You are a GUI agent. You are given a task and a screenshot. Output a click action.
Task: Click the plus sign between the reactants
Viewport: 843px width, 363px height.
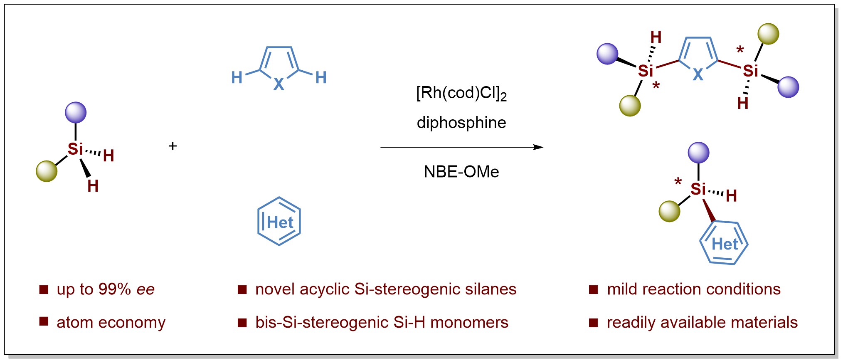[x=173, y=146]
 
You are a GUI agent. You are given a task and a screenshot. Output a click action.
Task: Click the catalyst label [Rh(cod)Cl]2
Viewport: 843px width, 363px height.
[x=461, y=93]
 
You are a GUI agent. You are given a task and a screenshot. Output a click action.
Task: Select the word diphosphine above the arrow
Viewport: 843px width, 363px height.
[x=461, y=123]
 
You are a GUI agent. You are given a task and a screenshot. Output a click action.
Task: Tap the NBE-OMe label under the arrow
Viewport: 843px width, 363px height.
[x=461, y=171]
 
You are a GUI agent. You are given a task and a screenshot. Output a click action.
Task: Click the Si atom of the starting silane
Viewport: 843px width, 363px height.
[x=75, y=149]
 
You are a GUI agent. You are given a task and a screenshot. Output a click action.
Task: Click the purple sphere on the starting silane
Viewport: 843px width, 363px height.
[x=76, y=112]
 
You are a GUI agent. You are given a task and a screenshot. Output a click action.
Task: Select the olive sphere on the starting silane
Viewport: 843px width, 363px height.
[x=47, y=171]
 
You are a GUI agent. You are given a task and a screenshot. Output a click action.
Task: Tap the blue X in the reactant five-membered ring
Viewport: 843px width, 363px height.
[x=279, y=84]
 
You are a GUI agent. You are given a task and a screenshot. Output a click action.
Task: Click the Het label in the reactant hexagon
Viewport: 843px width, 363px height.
[x=280, y=222]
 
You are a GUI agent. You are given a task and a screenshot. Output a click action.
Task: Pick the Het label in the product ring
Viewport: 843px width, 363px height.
[x=725, y=244]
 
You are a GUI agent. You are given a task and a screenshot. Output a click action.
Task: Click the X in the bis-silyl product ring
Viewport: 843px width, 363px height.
[x=698, y=75]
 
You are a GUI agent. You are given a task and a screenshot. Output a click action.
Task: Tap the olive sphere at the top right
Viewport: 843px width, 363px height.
[x=768, y=34]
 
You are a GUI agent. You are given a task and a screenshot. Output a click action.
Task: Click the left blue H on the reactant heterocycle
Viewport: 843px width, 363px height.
[x=237, y=77]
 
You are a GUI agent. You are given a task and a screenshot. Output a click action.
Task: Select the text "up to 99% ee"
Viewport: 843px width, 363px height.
[x=106, y=289]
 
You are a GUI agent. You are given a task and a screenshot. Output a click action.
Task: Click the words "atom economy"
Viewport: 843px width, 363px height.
[x=111, y=322]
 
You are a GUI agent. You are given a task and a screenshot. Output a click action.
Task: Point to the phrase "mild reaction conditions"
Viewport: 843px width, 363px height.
[x=693, y=289]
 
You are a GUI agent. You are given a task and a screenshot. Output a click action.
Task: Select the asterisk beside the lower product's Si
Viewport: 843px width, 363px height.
[x=678, y=182]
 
